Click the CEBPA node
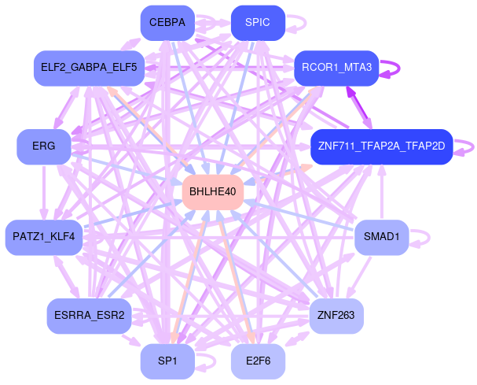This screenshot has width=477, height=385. [167, 23]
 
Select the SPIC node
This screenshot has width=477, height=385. [258, 23]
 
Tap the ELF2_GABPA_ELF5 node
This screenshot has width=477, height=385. [86, 68]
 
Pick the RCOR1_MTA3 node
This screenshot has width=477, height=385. [337, 68]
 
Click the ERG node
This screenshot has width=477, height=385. [44, 146]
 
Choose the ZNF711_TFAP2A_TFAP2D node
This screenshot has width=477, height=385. [381, 146]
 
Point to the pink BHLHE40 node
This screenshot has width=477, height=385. [212, 191]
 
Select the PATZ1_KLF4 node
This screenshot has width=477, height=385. [44, 236]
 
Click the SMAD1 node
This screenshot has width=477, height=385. [381, 236]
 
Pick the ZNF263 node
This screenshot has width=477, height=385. [336, 316]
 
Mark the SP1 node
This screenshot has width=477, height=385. [167, 361]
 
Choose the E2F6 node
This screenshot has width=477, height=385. [258, 361]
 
